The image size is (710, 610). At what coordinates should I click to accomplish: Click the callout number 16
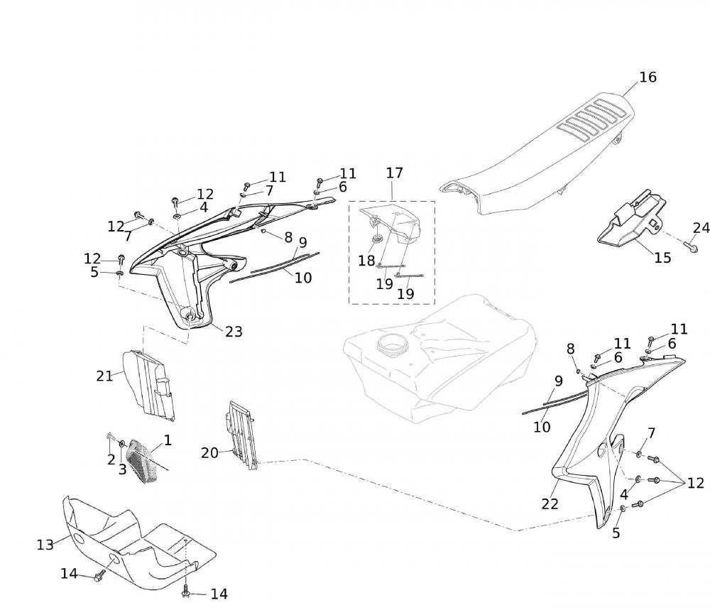[648, 77]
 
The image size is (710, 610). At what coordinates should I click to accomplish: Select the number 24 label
[701, 228]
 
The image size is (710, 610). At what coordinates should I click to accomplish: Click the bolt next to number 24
[691, 247]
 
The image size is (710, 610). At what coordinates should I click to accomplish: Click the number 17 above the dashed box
[394, 173]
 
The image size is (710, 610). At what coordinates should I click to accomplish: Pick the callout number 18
[366, 261]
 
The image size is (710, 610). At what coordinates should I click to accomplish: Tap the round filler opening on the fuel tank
[392, 349]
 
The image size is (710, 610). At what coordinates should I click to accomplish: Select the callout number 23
[234, 331]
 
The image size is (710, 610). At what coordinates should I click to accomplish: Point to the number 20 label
[209, 452]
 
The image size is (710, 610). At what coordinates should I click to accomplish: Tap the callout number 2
[111, 459]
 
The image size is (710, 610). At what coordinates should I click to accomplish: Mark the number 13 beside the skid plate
[45, 545]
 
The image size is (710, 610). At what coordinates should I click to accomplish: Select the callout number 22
[550, 503]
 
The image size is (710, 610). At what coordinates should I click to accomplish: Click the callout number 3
[122, 469]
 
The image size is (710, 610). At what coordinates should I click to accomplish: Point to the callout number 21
[105, 376]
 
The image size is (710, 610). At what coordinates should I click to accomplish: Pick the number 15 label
[662, 258]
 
